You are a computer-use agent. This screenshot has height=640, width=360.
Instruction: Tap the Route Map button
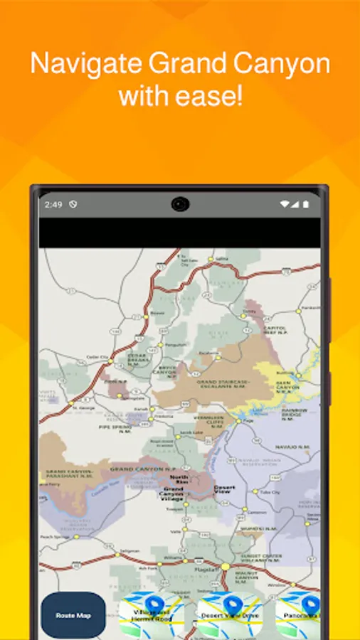click(73, 615)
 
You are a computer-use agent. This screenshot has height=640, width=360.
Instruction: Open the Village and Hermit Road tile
click(151, 616)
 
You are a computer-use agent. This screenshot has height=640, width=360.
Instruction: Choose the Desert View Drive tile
click(228, 616)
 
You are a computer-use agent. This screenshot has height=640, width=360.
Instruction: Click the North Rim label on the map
click(180, 479)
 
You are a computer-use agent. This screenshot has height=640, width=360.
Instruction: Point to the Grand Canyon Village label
click(174, 493)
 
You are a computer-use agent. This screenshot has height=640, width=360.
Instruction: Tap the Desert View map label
click(224, 489)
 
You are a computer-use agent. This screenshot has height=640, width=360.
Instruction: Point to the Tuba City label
click(269, 491)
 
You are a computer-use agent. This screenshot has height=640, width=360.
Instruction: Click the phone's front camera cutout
click(179, 205)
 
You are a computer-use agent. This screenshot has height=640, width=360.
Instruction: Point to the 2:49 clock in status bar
click(53, 205)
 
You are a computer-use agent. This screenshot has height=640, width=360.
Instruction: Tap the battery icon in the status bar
click(306, 205)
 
